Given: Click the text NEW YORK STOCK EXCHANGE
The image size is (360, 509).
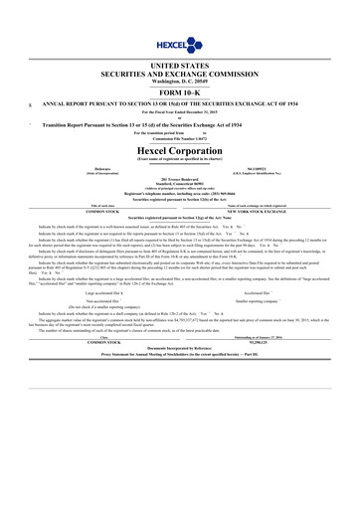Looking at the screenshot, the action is (266, 211).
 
